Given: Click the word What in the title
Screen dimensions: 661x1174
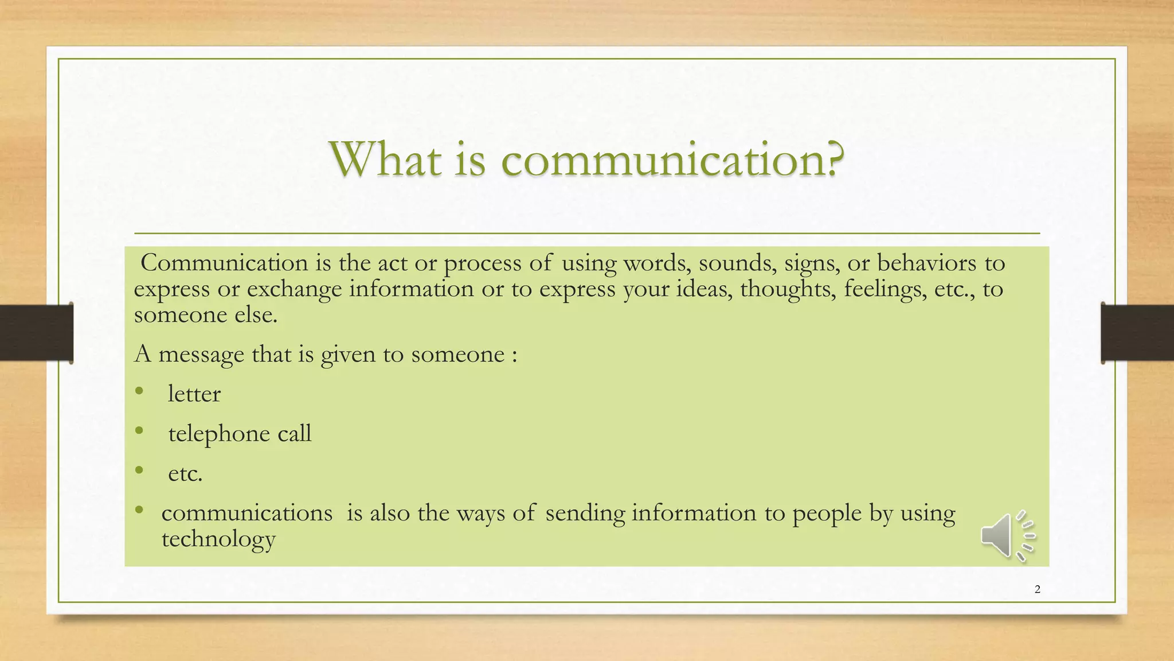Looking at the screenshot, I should pos(385,160).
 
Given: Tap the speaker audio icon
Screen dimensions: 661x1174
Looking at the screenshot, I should pos(1007,535).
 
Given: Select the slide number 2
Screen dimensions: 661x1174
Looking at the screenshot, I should pos(1037,589).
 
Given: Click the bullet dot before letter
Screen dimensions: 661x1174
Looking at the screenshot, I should pos(139,391).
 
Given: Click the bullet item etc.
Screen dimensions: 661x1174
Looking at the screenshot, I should pos(185,474).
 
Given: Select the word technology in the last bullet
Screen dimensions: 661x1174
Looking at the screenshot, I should pos(218,539).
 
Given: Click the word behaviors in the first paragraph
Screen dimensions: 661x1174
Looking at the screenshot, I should pos(926,263).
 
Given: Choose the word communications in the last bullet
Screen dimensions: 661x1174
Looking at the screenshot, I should pos(246,513).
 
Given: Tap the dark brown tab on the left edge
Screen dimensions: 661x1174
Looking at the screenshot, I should pos(36,333).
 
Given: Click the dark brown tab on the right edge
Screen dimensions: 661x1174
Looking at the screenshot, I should pos(1137,333).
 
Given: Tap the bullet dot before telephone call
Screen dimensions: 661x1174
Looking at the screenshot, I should pos(139,430).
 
